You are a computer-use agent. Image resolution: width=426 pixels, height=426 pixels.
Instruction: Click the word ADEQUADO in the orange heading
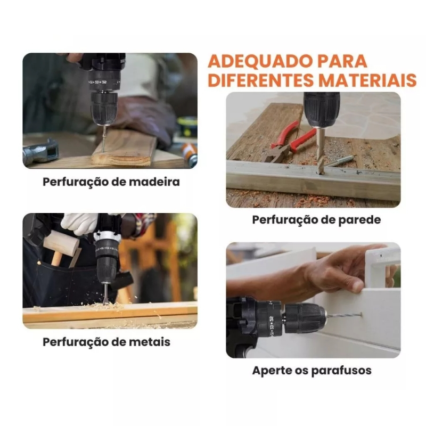tap(259, 61)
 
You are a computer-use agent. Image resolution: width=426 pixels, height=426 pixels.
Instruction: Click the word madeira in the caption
tap(154, 182)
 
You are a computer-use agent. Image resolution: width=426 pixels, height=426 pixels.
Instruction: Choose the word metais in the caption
tap(150, 342)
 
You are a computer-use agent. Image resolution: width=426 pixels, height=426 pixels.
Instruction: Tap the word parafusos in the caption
tap(341, 370)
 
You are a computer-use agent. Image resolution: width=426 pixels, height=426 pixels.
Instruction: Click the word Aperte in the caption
tap(272, 371)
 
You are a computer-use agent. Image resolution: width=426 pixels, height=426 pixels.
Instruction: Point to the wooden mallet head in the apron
tap(61, 244)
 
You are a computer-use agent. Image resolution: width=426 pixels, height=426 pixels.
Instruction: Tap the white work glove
tap(79, 223)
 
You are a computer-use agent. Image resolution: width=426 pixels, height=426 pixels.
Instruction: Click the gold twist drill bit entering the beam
tap(321, 151)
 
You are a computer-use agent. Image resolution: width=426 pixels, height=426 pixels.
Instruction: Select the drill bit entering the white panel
tap(343, 316)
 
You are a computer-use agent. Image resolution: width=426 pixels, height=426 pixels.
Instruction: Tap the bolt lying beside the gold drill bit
tap(340, 161)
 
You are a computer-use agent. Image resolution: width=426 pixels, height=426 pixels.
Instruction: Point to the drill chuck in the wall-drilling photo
tap(322, 110)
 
